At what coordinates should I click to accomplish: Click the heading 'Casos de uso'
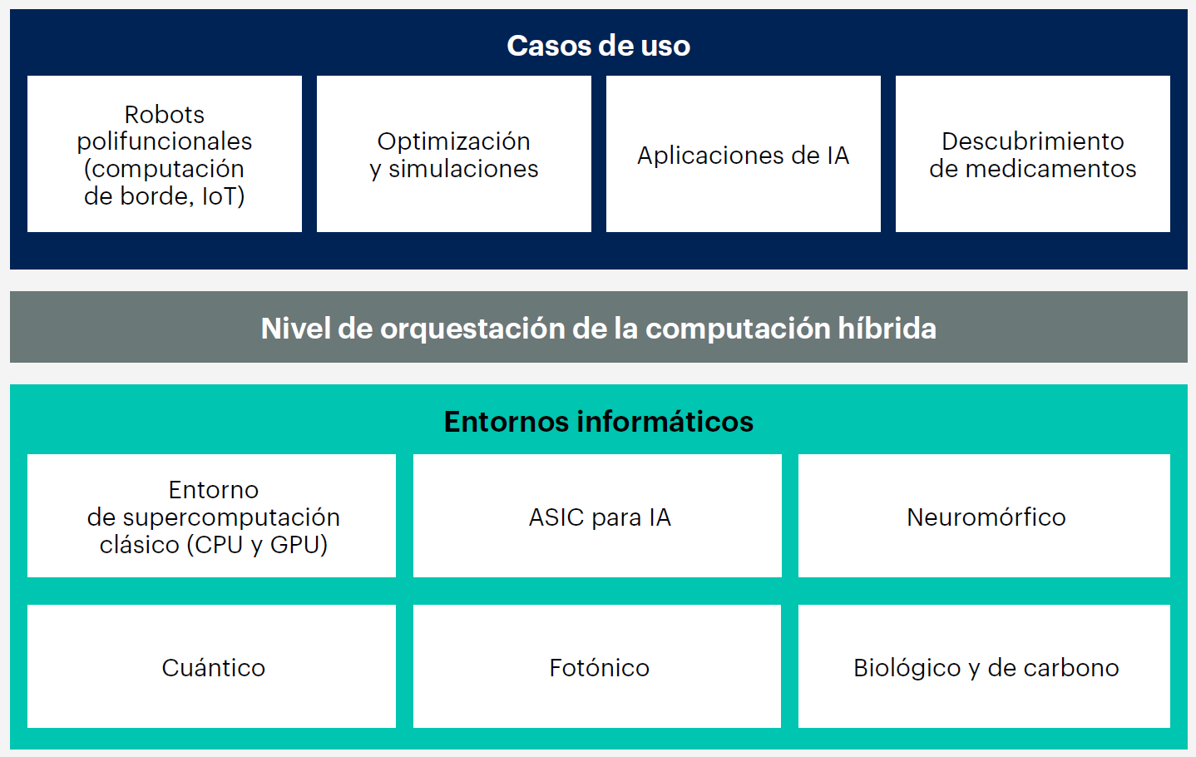point(598,46)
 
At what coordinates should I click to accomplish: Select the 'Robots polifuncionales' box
point(165,154)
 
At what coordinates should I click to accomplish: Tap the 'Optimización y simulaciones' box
point(454,154)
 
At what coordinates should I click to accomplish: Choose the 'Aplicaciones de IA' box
point(743,155)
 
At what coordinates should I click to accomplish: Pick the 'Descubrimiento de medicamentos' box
point(1032,154)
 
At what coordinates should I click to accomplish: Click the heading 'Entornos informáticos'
point(598,422)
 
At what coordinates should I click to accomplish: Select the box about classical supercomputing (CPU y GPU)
point(212,516)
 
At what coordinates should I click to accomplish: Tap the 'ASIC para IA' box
point(597,516)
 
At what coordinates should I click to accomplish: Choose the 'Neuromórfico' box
point(985,516)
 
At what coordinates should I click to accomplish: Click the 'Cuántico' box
point(212,667)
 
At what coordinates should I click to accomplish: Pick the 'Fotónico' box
point(597,667)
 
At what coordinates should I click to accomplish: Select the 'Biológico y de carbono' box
point(985,667)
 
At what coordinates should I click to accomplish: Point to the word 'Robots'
point(164,114)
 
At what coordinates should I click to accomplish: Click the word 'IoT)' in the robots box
point(223,196)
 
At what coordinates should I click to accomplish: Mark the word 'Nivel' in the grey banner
point(296,329)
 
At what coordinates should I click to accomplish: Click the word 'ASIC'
point(556,517)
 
